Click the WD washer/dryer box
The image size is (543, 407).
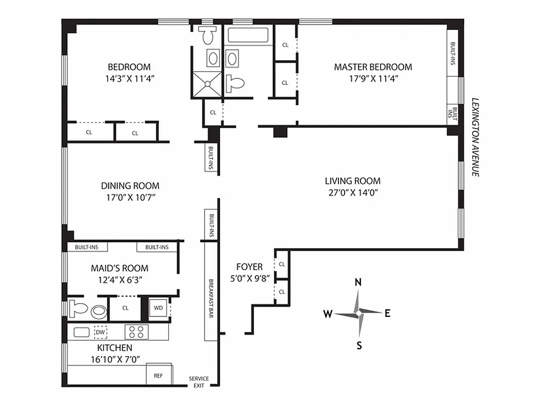[158, 308]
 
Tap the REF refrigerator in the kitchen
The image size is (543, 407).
[158, 376]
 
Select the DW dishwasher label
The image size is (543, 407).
[101, 332]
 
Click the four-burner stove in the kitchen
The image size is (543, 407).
[136, 332]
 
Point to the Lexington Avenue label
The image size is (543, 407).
[475, 137]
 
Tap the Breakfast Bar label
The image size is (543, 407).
[211, 298]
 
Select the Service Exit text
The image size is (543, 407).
[199, 382]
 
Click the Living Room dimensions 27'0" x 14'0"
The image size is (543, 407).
[352, 193]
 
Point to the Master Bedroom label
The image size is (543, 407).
[373, 67]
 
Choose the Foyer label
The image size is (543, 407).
[249, 267]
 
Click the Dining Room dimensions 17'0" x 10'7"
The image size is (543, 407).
[130, 197]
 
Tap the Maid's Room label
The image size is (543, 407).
[120, 268]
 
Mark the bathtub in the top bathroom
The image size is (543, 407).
[248, 36]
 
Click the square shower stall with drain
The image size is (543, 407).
[207, 84]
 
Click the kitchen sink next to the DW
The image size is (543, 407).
[81, 332]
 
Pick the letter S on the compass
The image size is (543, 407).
[359, 346]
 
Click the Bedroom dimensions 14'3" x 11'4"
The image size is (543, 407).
[129, 78]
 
